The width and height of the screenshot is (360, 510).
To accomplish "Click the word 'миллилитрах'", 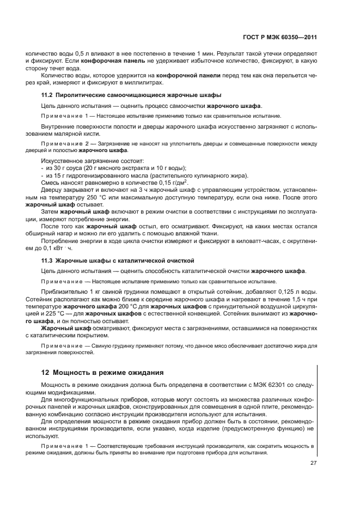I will (x=144, y=83).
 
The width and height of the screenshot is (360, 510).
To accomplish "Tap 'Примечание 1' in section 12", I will (x=64, y=446).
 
